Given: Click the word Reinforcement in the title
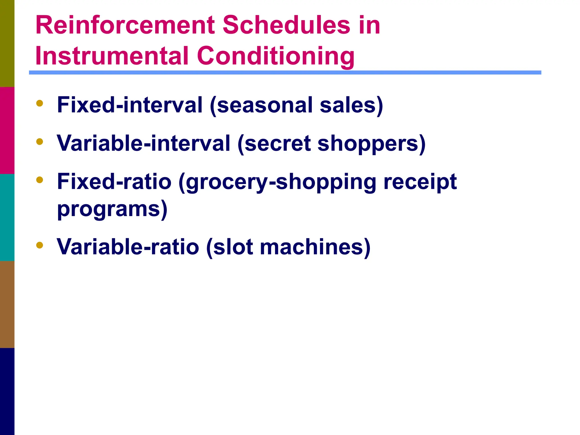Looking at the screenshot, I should [x=125, y=25].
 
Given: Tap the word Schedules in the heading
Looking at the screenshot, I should [x=286, y=25].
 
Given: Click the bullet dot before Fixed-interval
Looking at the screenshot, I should [x=40, y=103].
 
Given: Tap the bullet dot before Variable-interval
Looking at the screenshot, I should [x=40, y=142].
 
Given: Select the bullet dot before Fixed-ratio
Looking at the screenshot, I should [x=40, y=180].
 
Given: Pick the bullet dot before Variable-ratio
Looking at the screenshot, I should [x=40, y=245].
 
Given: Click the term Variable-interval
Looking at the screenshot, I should [x=143, y=143].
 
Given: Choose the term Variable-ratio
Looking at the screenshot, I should [x=128, y=247].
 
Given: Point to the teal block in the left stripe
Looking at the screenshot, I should [x=7, y=217].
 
